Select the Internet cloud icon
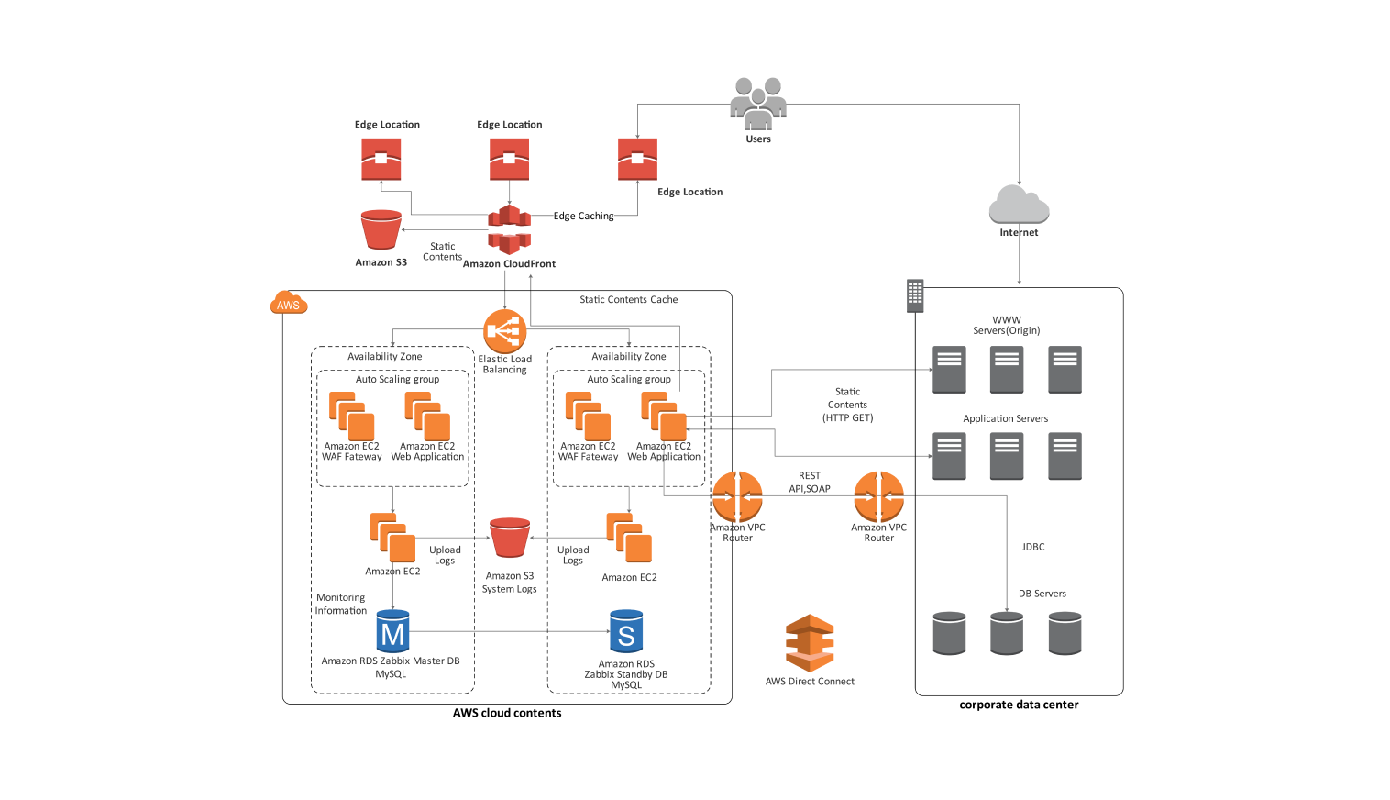coord(1019,205)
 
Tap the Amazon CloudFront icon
coord(509,229)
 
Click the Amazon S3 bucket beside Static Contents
coord(381,230)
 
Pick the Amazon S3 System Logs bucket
coord(510,539)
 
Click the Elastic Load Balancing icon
coord(504,331)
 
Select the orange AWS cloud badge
coord(289,304)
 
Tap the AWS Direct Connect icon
coord(810,643)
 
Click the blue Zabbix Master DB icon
coord(392,632)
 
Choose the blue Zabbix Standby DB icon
coord(626,632)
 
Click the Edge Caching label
coord(583,217)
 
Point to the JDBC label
coord(1033,547)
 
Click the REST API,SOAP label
coord(810,483)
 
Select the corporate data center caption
coord(1019,706)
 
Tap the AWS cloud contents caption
coord(507,713)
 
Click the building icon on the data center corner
coord(914,295)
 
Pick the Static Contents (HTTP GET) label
coord(848,405)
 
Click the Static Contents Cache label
coord(628,300)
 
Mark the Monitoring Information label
coord(341,604)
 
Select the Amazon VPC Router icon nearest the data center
coord(878,496)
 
